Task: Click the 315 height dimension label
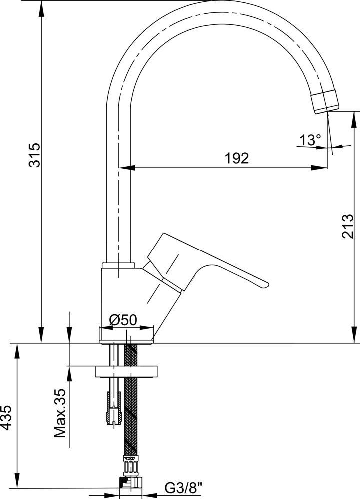35,155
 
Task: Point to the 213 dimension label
348,226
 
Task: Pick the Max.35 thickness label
60,413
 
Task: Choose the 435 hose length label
6,418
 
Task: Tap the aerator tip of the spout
325,101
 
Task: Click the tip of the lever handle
266,284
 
